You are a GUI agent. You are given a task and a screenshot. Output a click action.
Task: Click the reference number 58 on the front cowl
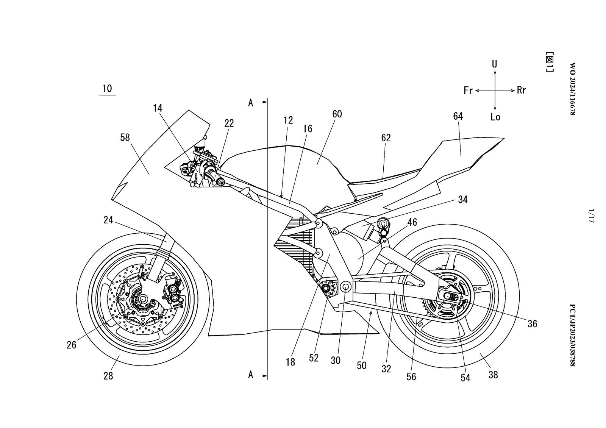click(125, 138)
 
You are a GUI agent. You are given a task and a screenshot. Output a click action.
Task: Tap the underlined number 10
click(107, 89)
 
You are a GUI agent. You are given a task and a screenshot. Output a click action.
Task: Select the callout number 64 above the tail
click(458, 116)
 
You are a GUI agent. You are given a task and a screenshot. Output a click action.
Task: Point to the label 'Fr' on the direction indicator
click(468, 91)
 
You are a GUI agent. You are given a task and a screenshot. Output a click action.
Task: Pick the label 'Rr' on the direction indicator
click(522, 91)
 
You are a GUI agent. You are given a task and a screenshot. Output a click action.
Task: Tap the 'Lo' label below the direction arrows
click(495, 117)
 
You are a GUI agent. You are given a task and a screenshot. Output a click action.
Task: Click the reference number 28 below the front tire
click(108, 376)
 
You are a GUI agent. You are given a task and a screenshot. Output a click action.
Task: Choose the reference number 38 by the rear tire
click(493, 375)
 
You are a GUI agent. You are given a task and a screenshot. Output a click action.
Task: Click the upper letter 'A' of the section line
click(250, 103)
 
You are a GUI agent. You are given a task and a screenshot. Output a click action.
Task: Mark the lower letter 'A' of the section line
click(250, 375)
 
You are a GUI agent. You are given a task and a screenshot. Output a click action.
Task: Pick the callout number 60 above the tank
click(337, 114)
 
